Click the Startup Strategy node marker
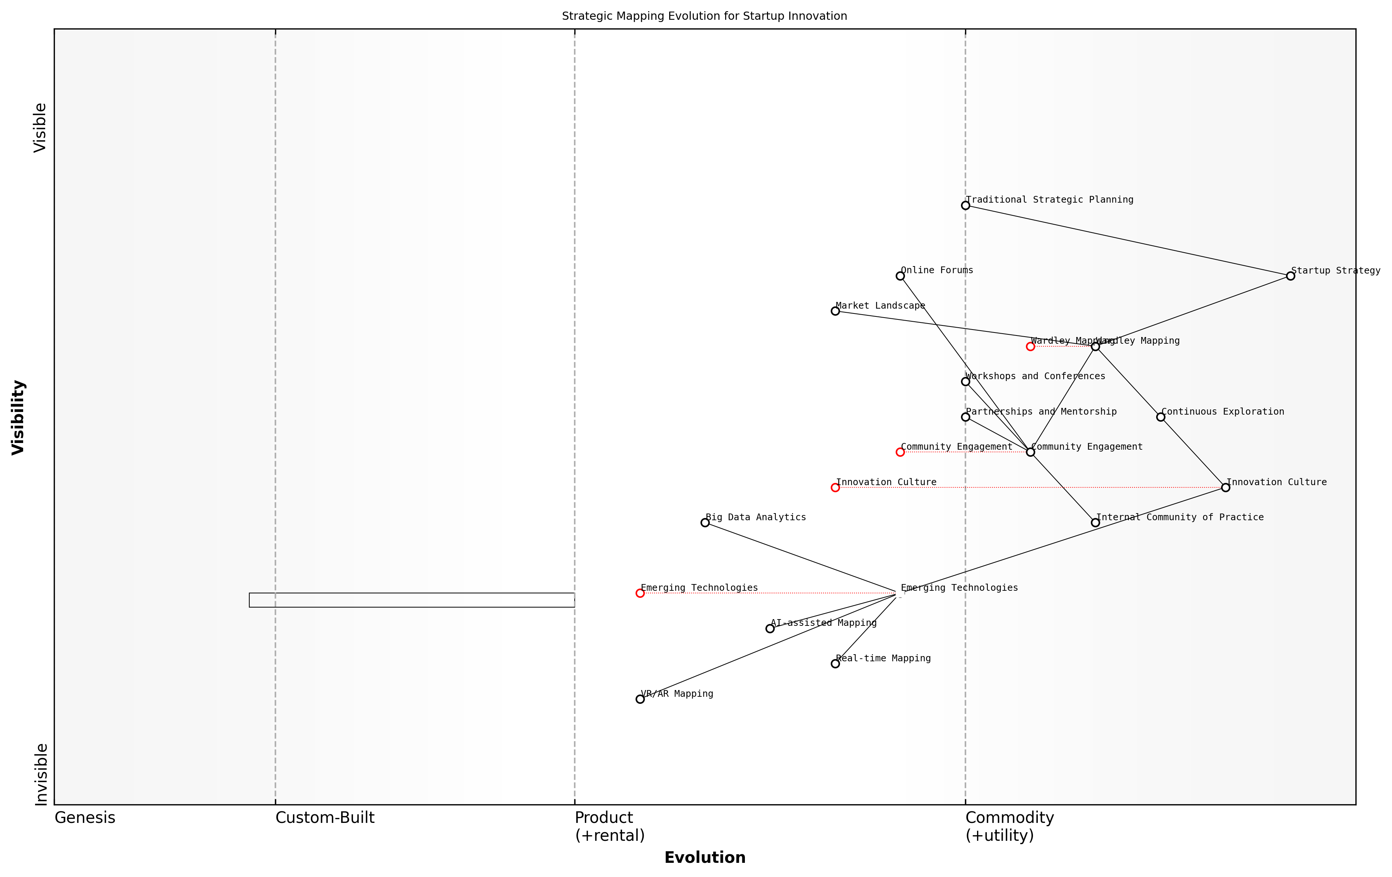1290,276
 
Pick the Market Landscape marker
835,311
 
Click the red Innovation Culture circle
835,487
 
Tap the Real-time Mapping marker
835,664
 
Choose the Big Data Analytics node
705,522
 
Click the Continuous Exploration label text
1223,412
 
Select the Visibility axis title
19,417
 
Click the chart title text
704,16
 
